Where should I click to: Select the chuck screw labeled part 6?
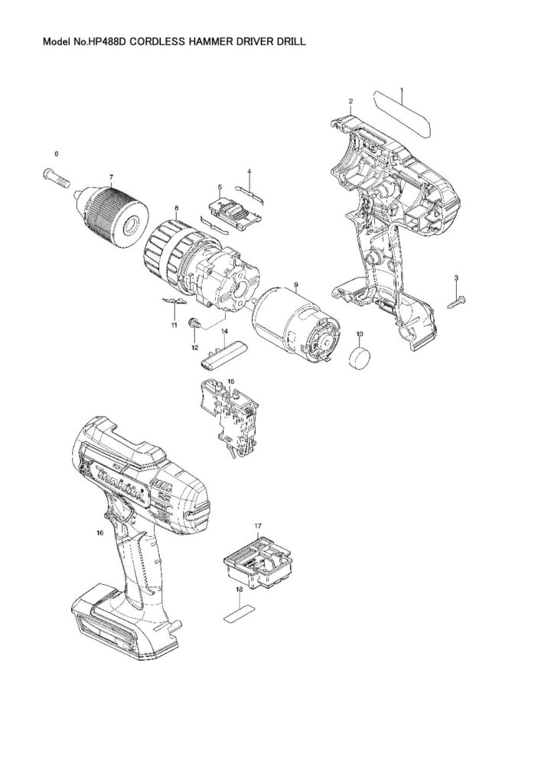click(56, 178)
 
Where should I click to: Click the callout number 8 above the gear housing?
click(176, 207)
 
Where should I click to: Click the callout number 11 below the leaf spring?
click(174, 325)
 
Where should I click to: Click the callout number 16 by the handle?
click(100, 533)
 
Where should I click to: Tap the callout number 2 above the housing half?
click(350, 101)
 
